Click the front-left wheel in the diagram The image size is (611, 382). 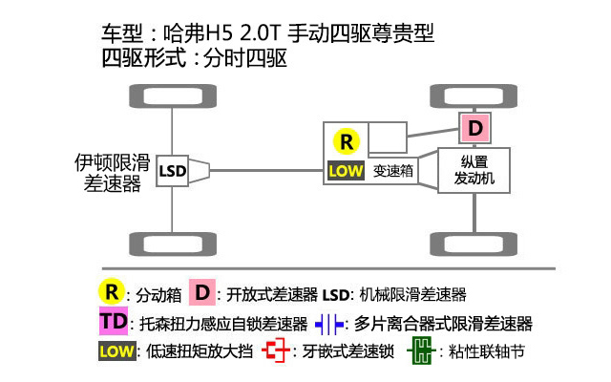tap(172, 95)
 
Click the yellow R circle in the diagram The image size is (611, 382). tap(347, 142)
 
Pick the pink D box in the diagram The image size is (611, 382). tap(474, 127)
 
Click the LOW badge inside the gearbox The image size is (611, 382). tap(346, 172)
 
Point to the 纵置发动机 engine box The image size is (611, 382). tap(474, 171)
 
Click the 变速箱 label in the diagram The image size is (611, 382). tap(392, 172)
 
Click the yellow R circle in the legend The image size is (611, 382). tap(112, 290)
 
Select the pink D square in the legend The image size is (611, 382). tap(201, 291)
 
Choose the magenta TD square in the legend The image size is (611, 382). tap(113, 321)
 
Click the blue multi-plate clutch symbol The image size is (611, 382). tap(328, 323)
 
